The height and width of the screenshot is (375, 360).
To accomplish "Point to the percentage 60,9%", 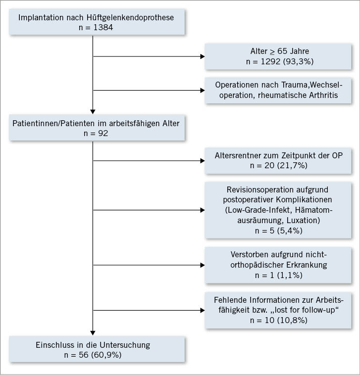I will point(113,356).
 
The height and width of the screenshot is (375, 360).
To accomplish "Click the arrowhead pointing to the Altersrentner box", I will point(202,160).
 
